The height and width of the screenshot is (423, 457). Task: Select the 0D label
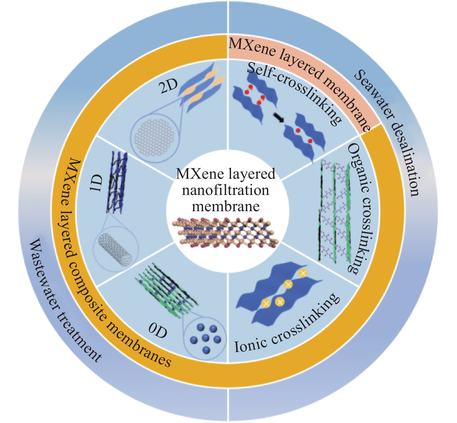(x=158, y=330)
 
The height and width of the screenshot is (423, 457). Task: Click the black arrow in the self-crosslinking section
(x=279, y=117)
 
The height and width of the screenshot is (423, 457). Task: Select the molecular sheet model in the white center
(x=225, y=232)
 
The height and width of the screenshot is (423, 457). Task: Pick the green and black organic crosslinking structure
(x=334, y=212)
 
